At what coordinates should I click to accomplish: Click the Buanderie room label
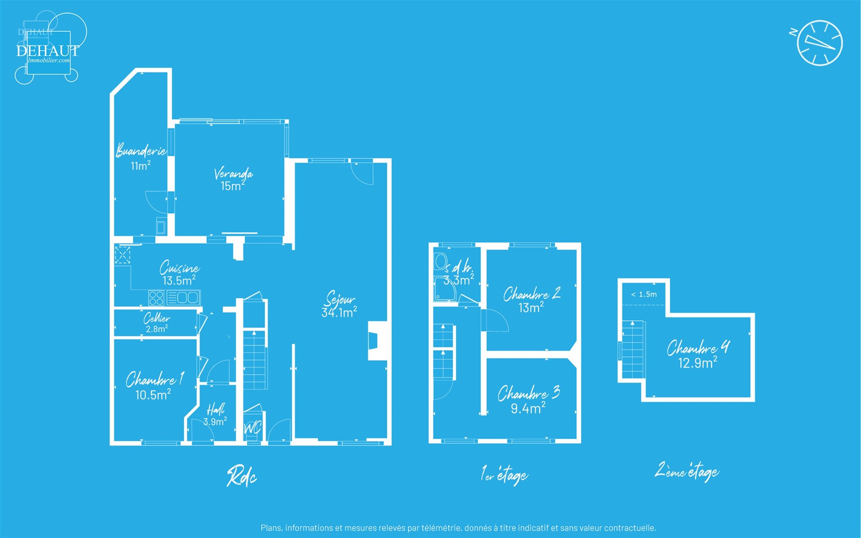[x=141, y=151]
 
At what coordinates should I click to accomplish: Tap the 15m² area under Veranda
[x=233, y=186]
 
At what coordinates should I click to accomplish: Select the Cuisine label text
[x=179, y=268]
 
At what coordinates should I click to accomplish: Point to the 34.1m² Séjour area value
[x=339, y=312]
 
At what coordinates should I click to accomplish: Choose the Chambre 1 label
[x=154, y=379]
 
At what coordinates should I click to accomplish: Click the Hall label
[x=216, y=410]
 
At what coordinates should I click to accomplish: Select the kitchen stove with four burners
[x=156, y=298]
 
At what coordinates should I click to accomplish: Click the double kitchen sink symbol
[x=183, y=298]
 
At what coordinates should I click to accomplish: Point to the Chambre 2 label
[x=532, y=294]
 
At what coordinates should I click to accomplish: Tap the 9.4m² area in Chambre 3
[x=528, y=408]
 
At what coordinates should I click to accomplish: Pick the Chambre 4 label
[x=698, y=348]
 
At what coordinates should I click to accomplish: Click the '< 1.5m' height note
[x=644, y=294]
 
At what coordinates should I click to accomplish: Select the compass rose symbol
[x=819, y=43]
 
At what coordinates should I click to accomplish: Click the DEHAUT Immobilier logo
[x=48, y=48]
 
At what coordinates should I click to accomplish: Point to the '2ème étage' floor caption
[x=687, y=472]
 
